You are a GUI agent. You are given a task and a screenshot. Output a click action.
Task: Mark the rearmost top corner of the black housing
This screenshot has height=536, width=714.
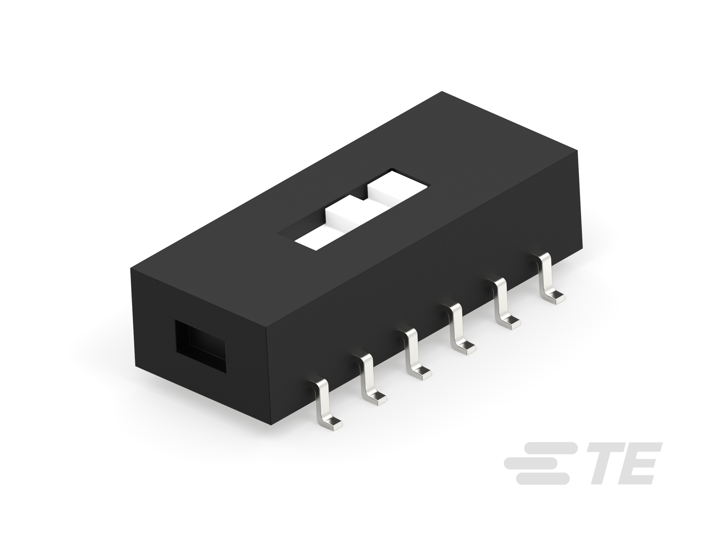pyautogui.click(x=442, y=92)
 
